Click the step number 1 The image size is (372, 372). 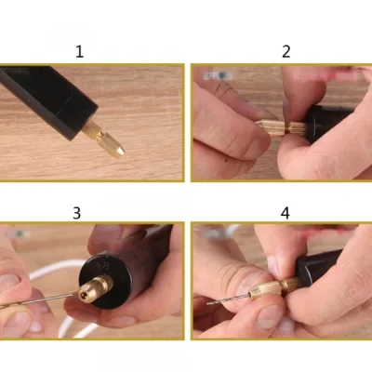click(79, 51)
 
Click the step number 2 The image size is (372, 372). click(286, 51)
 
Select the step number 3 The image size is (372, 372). click(76, 213)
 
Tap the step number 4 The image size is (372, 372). click(286, 213)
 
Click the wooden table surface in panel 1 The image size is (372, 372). click(149, 93)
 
